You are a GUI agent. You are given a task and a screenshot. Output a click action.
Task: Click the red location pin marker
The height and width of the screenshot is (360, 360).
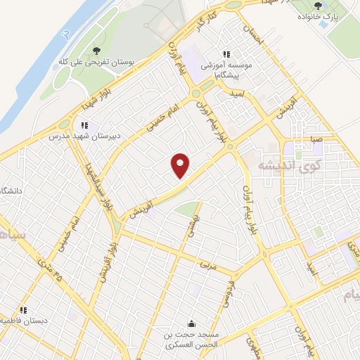coord(181,166)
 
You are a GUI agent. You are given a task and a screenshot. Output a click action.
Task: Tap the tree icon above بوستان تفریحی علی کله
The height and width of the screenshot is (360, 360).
coord(97,50)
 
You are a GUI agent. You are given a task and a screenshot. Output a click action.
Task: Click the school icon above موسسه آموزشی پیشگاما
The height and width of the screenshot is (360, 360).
coord(226,54)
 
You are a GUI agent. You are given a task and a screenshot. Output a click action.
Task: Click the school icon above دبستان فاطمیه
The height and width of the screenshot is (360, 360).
coord(23,309)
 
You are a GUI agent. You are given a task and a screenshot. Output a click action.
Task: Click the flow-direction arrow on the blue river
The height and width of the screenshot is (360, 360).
coord(63,32)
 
